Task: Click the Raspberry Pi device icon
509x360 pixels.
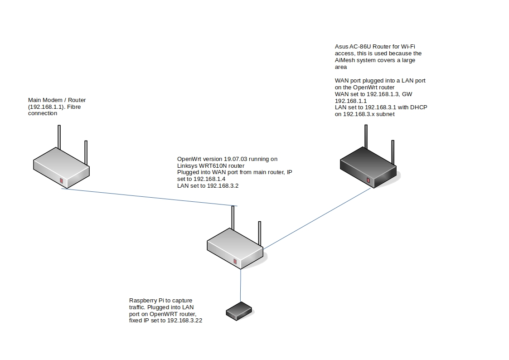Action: click(x=239, y=311)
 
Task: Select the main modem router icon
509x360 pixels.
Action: click(x=61, y=168)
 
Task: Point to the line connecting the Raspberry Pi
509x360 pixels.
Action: click(x=241, y=286)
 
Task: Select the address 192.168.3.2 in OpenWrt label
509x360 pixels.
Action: click(x=224, y=185)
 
